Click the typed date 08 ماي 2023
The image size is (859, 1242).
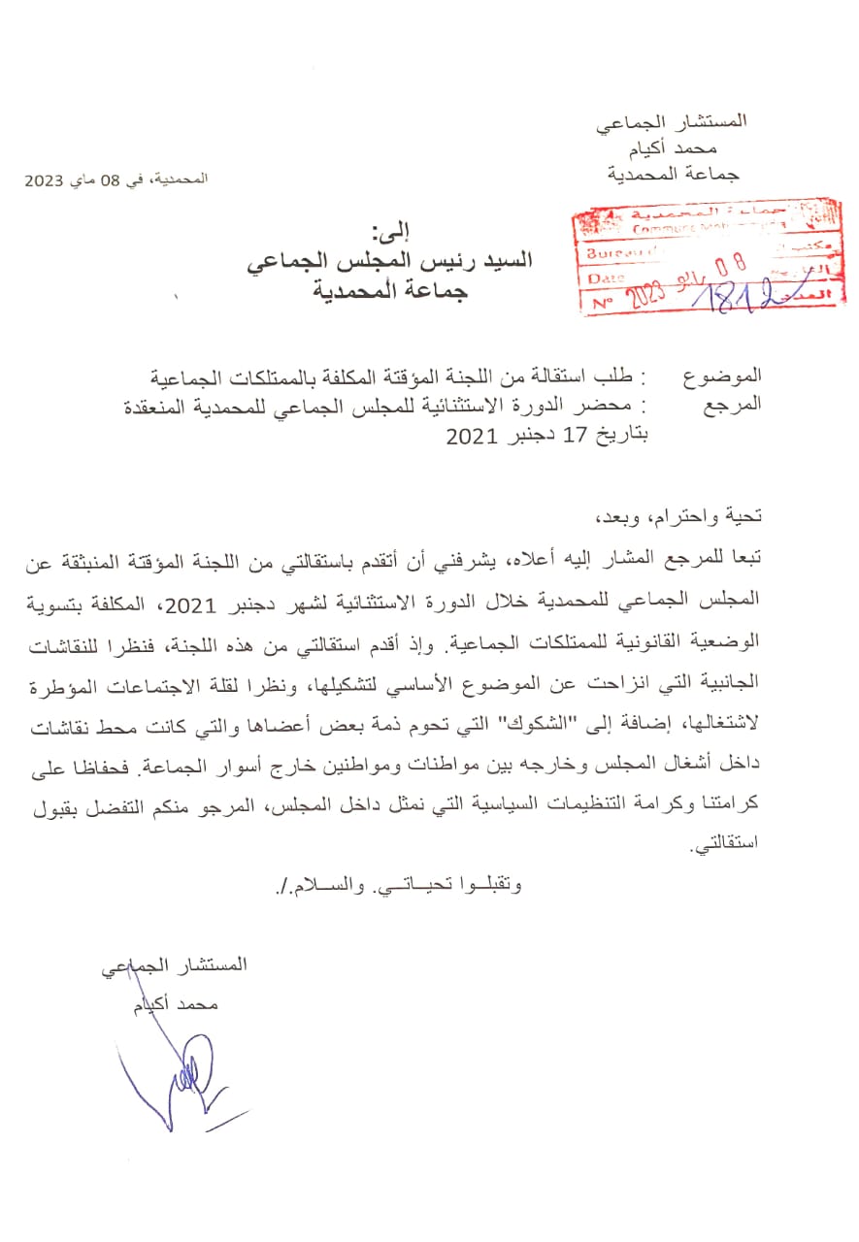(73, 180)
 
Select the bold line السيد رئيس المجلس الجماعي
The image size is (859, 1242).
(389, 262)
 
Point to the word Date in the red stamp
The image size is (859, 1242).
(607, 278)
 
